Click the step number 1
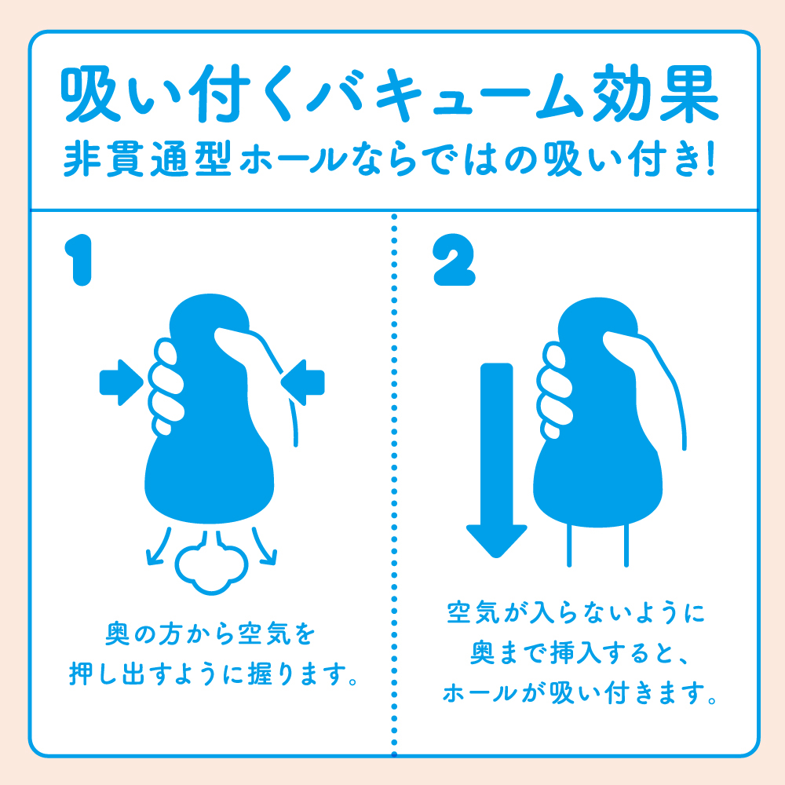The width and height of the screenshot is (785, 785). pyautogui.click(x=79, y=261)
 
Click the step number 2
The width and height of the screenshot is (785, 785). pyautogui.click(x=454, y=260)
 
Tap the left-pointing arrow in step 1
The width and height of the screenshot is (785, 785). pyautogui.click(x=302, y=382)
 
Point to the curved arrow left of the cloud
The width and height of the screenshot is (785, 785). pyautogui.click(x=158, y=546)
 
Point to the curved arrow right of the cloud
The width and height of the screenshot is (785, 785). pyautogui.click(x=265, y=546)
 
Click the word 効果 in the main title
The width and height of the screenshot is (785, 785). pyautogui.click(x=655, y=93)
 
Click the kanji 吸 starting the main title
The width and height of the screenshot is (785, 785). pyautogui.click(x=90, y=93)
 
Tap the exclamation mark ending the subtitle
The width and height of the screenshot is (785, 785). pyautogui.click(x=710, y=159)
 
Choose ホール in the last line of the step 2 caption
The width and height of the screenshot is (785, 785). pyautogui.click(x=479, y=693)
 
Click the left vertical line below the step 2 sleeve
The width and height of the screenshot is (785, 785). pyautogui.click(x=569, y=545)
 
